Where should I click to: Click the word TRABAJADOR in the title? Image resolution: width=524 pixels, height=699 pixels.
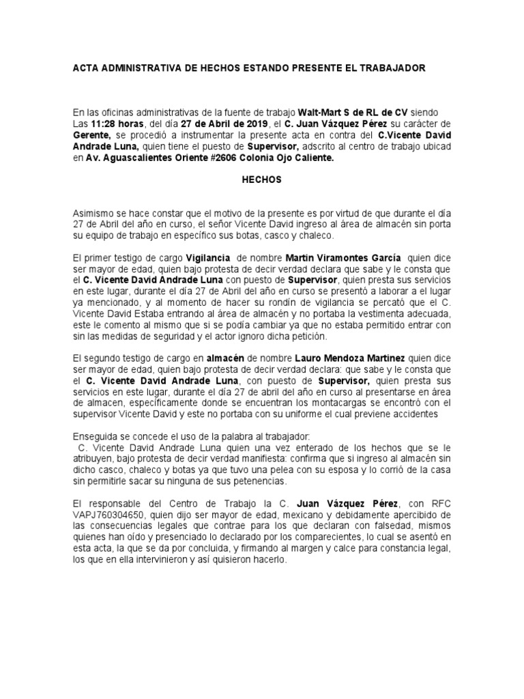392,69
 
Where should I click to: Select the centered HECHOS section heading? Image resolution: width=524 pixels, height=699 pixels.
262,180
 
